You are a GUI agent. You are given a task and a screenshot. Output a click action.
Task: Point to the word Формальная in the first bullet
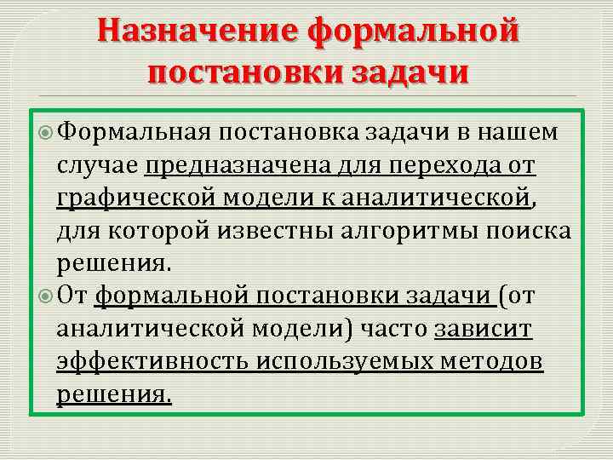tap(134, 133)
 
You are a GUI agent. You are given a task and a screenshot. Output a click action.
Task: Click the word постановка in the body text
tap(289, 133)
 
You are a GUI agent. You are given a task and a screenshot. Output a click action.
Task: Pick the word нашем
tap(518, 133)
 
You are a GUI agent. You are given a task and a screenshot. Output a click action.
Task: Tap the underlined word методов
tap(495, 360)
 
